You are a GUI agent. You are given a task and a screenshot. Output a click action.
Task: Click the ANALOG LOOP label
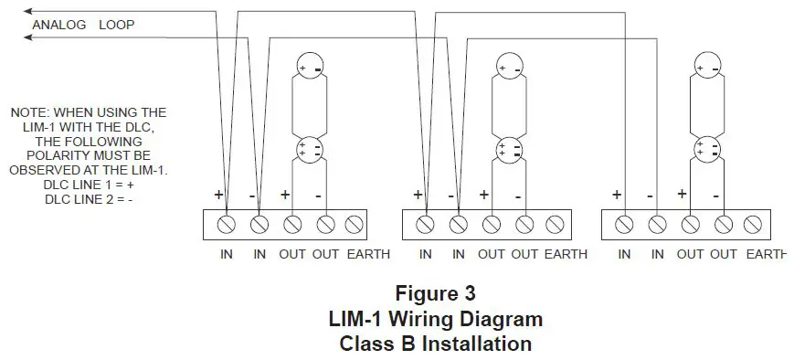click(x=83, y=25)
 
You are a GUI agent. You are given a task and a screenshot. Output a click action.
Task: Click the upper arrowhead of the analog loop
click(x=28, y=11)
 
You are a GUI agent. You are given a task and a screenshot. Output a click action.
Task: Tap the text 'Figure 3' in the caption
click(x=435, y=294)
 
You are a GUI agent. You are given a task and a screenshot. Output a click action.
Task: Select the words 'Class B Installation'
click(x=435, y=344)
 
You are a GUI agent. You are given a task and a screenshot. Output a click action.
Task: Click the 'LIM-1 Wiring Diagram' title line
click(x=435, y=320)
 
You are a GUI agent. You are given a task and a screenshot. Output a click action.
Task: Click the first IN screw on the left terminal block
click(x=227, y=223)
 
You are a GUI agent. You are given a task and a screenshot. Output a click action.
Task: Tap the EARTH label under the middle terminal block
click(x=566, y=254)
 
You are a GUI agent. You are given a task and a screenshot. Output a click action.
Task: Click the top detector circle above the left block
click(x=310, y=66)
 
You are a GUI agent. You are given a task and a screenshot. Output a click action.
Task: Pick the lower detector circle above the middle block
click(x=509, y=149)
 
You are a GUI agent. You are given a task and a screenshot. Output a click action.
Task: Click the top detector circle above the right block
click(x=706, y=68)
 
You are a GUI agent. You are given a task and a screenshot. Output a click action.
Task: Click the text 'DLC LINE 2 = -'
click(x=89, y=200)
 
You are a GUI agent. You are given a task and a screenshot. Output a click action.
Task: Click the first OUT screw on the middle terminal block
click(x=492, y=223)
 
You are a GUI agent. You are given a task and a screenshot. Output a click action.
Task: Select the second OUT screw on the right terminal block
click(x=724, y=223)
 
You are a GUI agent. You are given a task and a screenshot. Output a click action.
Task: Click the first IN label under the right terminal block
click(x=624, y=254)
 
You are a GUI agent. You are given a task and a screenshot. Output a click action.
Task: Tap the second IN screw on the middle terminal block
click(x=459, y=223)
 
